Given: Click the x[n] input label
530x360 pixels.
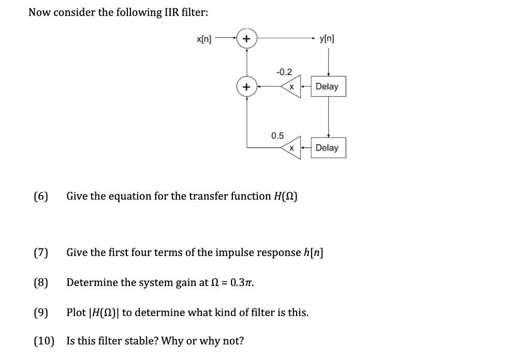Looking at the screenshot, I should (x=204, y=38).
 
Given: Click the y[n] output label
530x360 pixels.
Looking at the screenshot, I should (x=327, y=38).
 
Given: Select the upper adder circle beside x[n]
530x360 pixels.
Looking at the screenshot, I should (x=247, y=38).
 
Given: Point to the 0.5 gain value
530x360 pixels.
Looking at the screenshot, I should (x=277, y=136).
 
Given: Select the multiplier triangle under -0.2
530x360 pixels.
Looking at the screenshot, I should (x=291, y=87).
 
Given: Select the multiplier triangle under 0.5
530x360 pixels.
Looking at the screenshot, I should (x=291, y=148).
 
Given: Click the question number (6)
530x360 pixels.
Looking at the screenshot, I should (x=41, y=197).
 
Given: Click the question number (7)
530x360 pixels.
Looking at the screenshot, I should (x=41, y=253).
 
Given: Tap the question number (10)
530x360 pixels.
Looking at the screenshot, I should (x=43, y=341).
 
